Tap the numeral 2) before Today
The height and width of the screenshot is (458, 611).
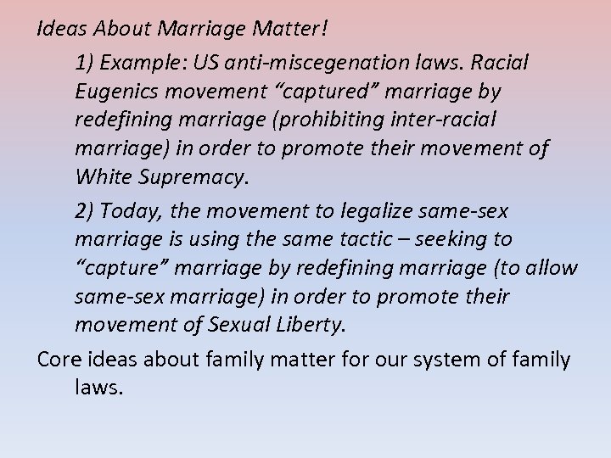(86, 209)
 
